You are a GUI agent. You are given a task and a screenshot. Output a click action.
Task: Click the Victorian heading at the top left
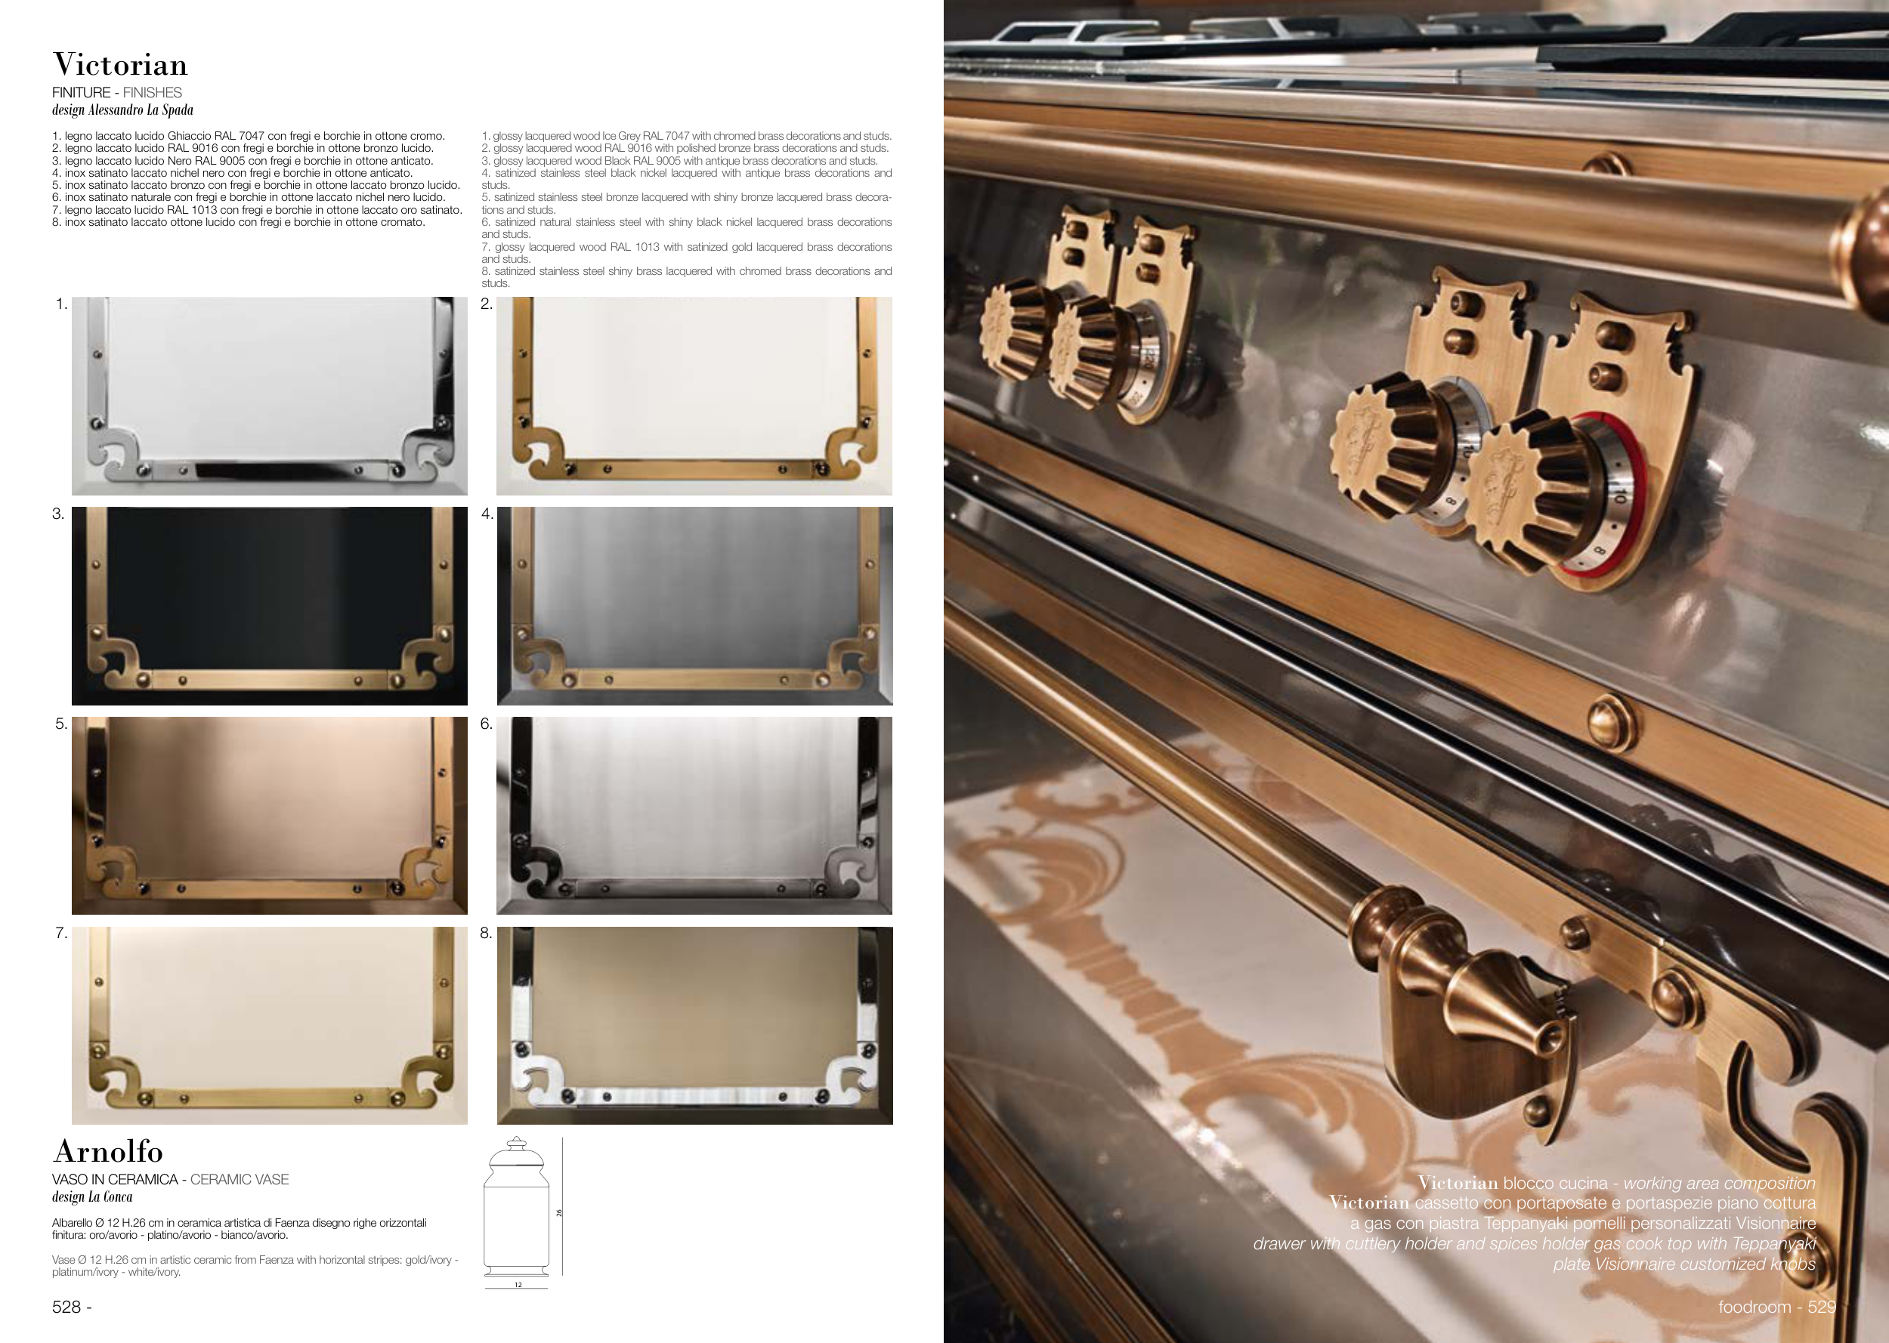[120, 64]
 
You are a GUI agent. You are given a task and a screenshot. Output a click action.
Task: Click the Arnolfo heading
[107, 1151]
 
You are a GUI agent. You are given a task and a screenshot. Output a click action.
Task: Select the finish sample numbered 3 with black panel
[270, 607]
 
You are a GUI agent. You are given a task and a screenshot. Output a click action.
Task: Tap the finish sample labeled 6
[694, 816]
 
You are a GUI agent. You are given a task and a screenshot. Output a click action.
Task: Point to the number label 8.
[487, 934]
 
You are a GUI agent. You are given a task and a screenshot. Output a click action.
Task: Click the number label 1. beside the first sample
[61, 304]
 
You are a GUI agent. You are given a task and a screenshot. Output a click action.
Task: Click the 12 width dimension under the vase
[518, 1285]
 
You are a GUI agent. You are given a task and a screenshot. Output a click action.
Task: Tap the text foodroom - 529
[1777, 1307]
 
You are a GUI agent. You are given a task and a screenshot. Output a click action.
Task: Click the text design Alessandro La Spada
[122, 110]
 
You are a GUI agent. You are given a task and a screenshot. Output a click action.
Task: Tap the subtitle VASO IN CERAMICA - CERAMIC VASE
[170, 1179]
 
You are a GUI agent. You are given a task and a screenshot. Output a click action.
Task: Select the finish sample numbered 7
[270, 1026]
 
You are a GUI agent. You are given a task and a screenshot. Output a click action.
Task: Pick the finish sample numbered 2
[694, 396]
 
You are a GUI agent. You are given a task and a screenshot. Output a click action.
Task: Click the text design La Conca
[91, 1196]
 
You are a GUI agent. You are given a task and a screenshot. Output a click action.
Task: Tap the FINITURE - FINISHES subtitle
[116, 93]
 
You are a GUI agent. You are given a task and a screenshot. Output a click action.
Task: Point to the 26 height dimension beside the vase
[559, 1213]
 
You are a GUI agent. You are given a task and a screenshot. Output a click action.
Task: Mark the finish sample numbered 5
[270, 816]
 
